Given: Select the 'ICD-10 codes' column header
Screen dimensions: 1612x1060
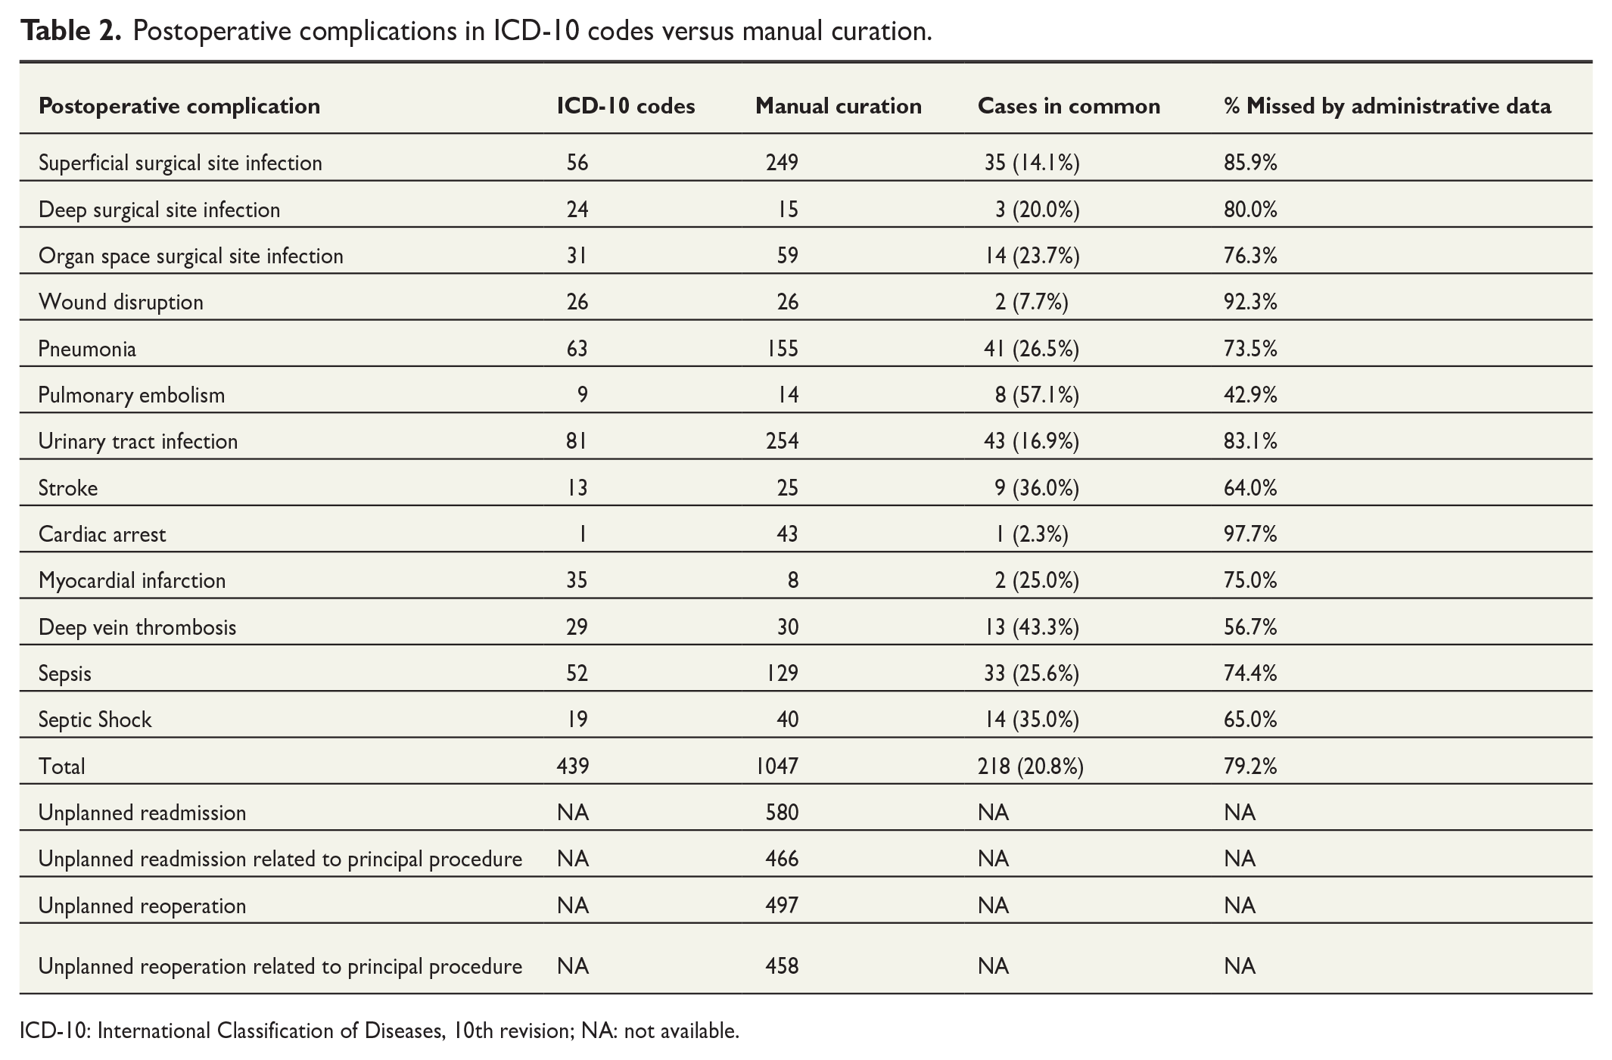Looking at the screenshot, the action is coord(626,106).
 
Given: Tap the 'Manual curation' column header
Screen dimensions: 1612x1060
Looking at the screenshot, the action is coord(839,106).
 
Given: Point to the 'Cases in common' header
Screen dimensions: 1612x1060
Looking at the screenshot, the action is coord(1069,106).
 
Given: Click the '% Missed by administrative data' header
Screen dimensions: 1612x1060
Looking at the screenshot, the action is coord(1387,106).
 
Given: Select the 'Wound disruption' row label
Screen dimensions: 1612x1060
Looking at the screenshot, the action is coord(121,302).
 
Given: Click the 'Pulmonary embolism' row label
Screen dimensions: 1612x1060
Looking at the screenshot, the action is coord(132,395).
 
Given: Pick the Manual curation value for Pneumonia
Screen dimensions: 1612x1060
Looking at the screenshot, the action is coord(783,349).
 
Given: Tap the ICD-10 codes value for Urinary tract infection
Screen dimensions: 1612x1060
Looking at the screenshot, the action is coord(577,441).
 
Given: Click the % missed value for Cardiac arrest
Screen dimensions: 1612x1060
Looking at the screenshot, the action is coord(1250,534).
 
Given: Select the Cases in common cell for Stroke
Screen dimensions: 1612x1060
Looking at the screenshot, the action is coord(1038,488).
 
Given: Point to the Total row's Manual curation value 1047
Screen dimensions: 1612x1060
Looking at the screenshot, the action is coord(777,766).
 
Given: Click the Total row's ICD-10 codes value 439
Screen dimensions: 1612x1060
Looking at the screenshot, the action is coord(573,766).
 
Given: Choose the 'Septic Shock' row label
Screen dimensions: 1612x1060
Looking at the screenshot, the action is coord(95,720).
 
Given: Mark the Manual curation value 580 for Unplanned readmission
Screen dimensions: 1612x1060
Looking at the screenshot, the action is coord(783,813).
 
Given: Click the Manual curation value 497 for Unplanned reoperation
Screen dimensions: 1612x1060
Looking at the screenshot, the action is coord(783,906).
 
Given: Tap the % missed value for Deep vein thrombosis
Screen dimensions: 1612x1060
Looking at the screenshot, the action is coord(1250,627).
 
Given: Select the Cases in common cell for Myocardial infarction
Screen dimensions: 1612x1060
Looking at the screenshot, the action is coord(1038,581).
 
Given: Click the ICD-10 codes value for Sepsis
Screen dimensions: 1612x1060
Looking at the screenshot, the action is coord(577,673).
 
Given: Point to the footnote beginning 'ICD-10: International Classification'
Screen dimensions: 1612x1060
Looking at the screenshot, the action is coord(379,1031).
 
